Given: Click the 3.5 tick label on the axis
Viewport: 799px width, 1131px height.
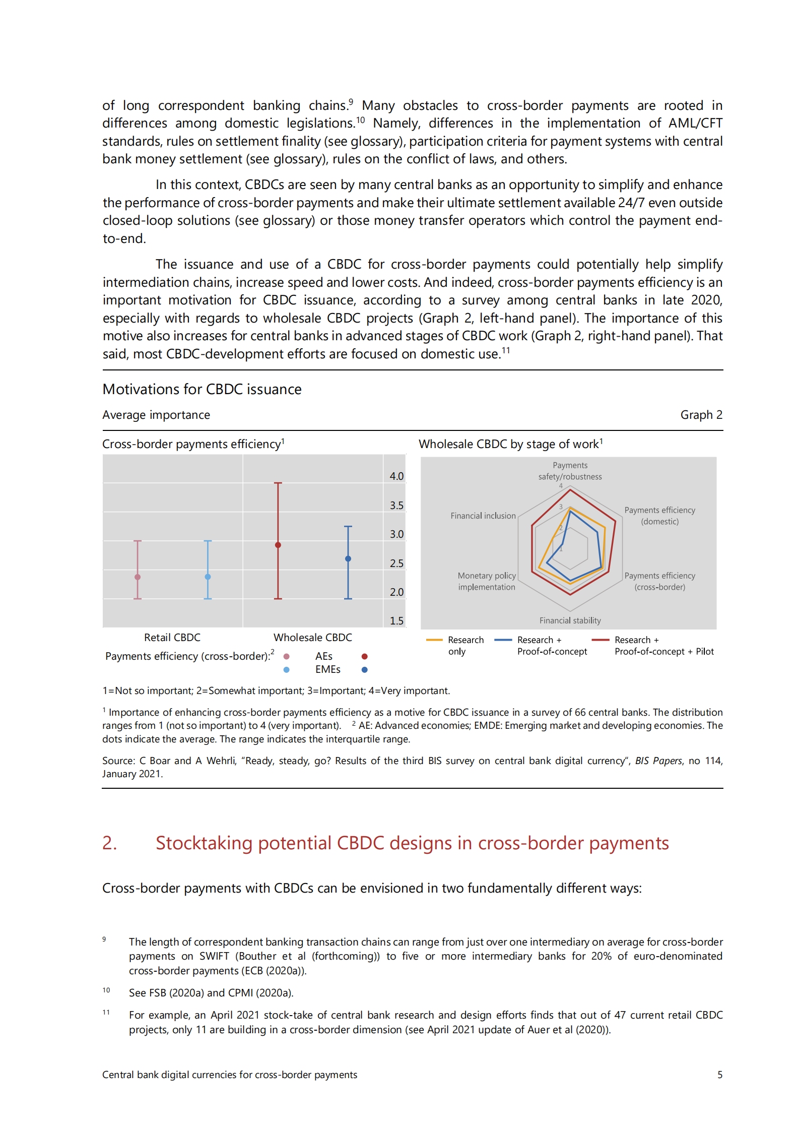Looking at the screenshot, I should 396,505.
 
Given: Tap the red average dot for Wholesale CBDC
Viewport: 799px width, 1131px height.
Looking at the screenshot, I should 278,545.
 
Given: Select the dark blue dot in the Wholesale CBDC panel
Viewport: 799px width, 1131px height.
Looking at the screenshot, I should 348,558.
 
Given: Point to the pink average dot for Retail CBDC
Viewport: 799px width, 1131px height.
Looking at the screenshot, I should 138,577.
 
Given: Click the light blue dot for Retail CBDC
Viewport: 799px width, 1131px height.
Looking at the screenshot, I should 208,577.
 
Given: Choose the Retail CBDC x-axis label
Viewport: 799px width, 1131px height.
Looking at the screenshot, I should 172,638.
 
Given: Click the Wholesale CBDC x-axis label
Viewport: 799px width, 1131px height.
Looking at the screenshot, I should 313,638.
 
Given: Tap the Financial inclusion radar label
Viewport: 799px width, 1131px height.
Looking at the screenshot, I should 483,516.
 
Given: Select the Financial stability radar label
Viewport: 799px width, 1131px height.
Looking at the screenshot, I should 570,620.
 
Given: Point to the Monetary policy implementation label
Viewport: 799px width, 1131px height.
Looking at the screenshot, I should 487,581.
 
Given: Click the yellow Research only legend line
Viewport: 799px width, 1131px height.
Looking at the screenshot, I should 434,640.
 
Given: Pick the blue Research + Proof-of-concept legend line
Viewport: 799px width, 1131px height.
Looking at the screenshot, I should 503,640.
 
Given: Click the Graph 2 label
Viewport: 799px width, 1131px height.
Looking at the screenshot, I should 701,415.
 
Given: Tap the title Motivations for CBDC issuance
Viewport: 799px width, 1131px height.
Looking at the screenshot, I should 202,389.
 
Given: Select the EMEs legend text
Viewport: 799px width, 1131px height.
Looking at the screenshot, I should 328,669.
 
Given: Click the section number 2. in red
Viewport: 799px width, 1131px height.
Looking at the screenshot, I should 110,843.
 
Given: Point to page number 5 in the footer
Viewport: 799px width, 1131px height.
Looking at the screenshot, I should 719,1075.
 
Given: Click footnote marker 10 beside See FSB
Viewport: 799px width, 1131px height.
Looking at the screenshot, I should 106,990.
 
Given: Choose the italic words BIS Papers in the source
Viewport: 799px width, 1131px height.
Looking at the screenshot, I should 658,761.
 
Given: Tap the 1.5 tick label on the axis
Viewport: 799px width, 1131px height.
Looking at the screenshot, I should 396,620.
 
